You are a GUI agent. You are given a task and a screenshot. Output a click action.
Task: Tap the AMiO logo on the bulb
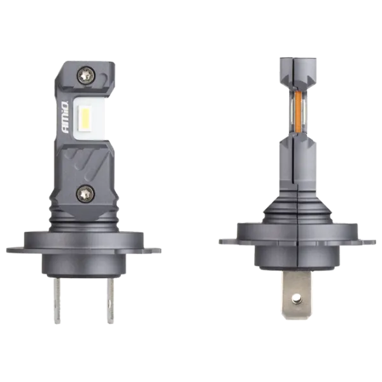(66, 117)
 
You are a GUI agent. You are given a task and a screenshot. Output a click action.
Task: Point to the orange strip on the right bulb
(298, 111)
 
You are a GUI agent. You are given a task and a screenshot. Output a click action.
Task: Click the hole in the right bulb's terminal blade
(297, 297)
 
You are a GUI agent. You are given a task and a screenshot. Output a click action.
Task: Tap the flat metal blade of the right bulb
(297, 292)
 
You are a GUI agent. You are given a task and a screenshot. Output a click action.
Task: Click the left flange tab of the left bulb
(16, 250)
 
